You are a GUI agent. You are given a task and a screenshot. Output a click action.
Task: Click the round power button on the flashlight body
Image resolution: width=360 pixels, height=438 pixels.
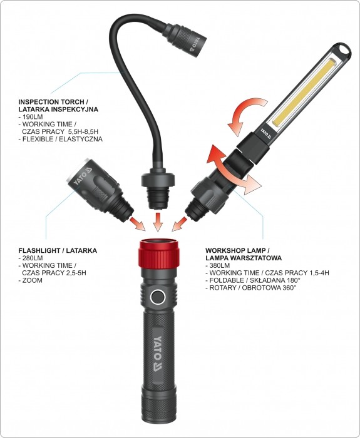tap(157, 297)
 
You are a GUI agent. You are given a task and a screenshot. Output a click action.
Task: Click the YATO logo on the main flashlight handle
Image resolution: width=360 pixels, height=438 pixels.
tap(158, 354)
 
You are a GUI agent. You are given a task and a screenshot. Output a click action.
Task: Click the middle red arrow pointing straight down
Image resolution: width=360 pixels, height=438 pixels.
tap(158, 222)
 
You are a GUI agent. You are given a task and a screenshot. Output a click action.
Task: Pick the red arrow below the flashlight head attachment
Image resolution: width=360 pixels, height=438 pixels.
tap(138, 223)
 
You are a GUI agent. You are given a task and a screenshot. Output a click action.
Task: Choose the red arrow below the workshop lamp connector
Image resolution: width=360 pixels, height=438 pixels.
tap(179, 224)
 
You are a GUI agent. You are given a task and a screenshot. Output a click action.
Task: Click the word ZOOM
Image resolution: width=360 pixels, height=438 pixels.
tap(32, 280)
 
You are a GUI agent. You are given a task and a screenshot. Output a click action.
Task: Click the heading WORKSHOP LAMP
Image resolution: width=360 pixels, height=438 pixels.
tap(235, 250)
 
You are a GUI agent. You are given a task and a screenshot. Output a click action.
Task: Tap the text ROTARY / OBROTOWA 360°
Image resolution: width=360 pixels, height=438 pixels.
tap(253, 288)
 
